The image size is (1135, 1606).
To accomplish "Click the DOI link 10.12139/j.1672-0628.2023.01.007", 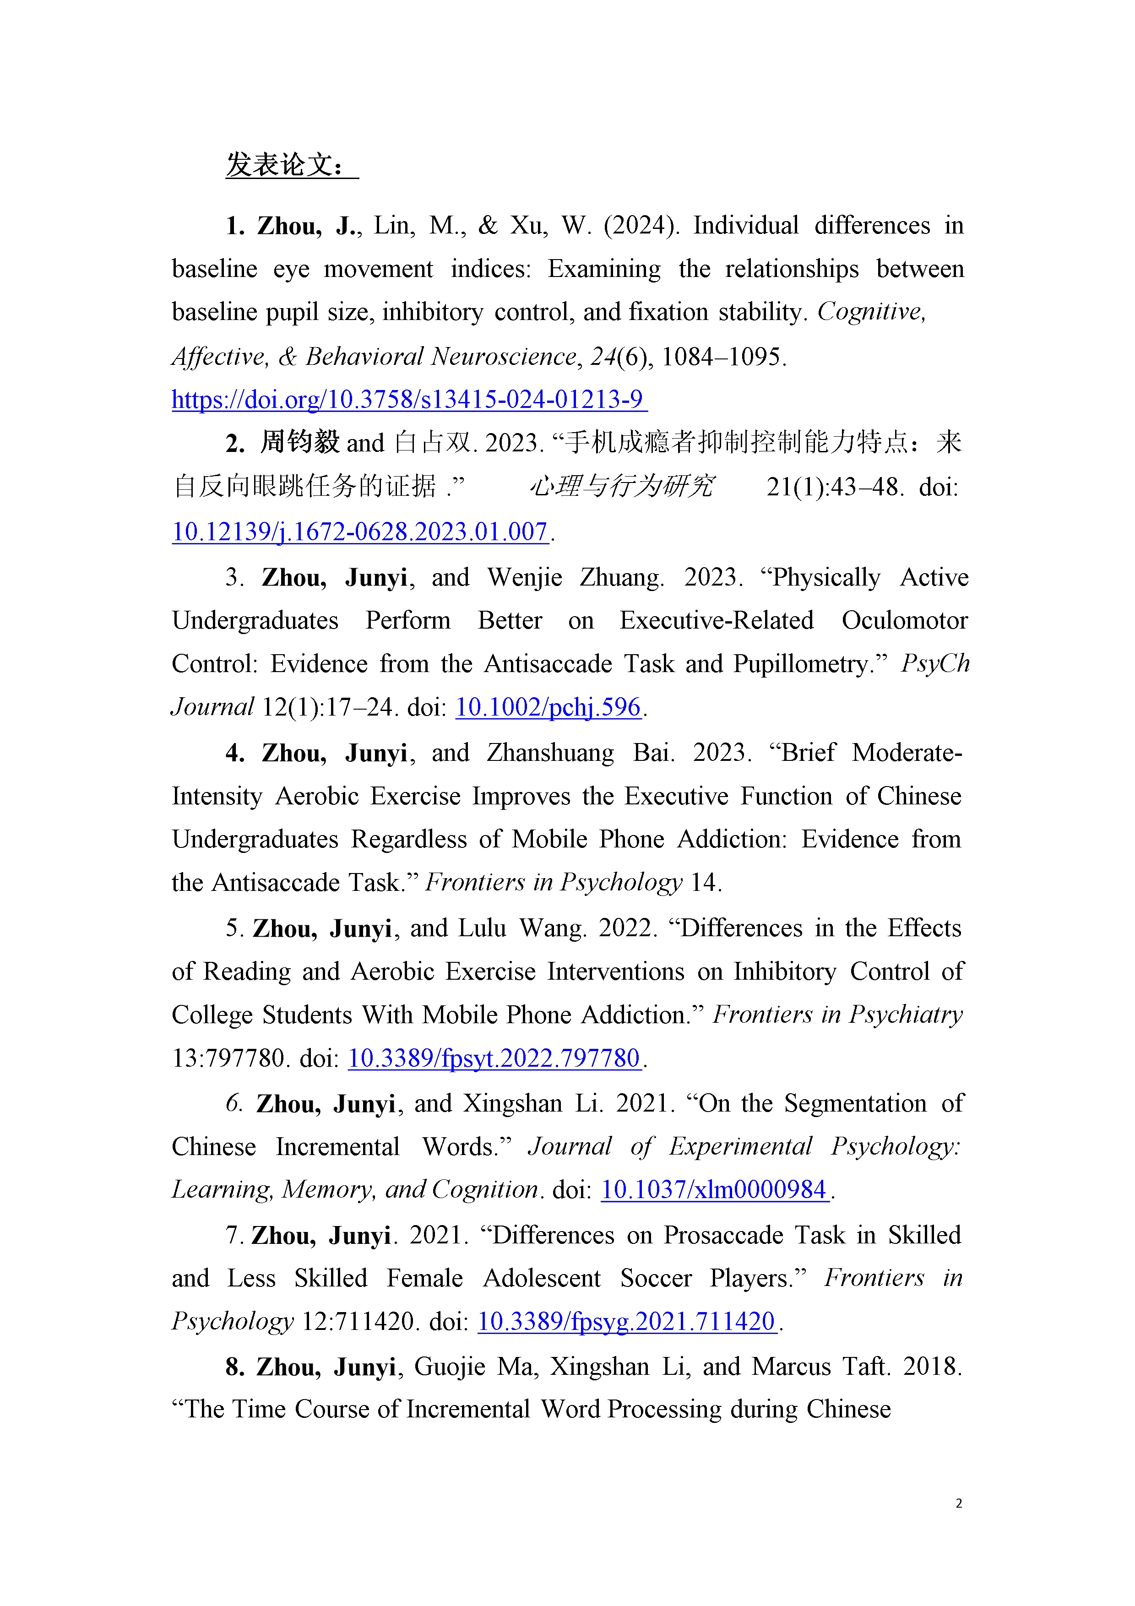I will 359,532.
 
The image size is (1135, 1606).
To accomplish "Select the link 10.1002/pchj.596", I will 548,707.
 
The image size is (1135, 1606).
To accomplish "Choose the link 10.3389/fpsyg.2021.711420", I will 627,1321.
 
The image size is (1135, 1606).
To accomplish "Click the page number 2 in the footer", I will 958,1503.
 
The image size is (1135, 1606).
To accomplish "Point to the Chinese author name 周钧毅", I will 299,443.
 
